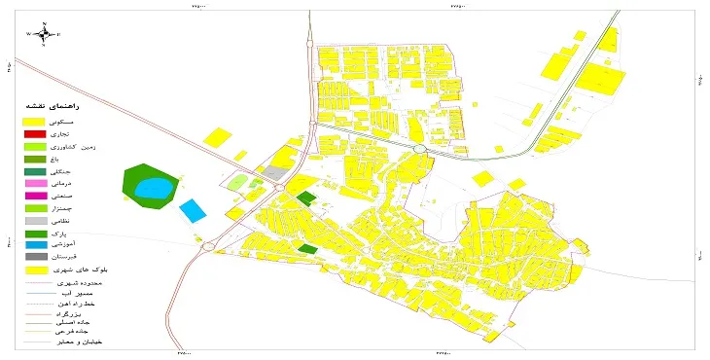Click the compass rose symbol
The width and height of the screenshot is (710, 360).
pos(45,33)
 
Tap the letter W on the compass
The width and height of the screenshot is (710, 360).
pos(30,34)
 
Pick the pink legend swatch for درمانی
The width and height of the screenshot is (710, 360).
pos(35,183)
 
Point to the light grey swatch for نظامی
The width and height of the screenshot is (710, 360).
pos(35,221)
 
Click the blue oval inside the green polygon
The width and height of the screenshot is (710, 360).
pos(151,187)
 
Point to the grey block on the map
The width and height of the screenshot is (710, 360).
pos(276,173)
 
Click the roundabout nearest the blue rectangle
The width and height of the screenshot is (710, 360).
pos(208,246)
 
